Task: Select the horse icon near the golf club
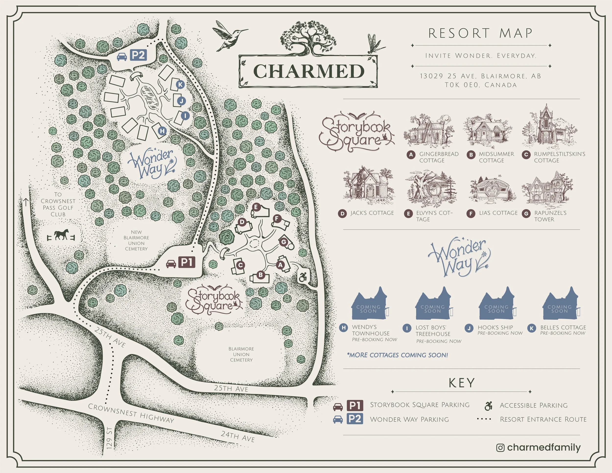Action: (x=61, y=235)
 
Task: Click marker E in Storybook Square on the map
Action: (x=256, y=207)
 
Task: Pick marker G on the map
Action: (x=283, y=242)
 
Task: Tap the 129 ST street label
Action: (x=110, y=438)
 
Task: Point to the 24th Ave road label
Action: (x=238, y=436)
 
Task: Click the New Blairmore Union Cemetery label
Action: (x=136, y=240)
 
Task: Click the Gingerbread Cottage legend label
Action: (x=438, y=157)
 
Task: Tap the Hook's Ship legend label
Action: (x=495, y=327)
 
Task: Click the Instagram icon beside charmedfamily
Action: (x=500, y=448)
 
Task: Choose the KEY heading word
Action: (x=461, y=383)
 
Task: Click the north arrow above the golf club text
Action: (x=26, y=201)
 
